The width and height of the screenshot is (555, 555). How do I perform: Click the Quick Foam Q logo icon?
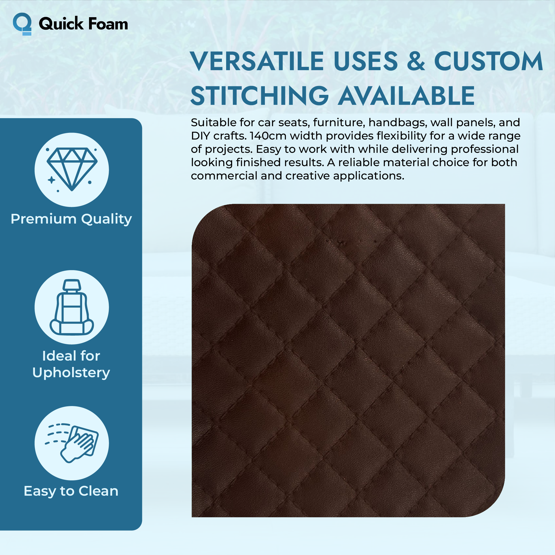[22, 24]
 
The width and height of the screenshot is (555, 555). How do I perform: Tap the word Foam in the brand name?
[108, 24]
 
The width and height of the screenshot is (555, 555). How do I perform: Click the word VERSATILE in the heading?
[257, 61]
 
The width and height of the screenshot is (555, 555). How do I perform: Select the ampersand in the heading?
[416, 61]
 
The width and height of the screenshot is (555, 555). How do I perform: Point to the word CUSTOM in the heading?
[488, 61]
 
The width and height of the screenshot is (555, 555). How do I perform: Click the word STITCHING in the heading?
[260, 96]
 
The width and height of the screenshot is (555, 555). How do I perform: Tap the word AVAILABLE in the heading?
[406, 96]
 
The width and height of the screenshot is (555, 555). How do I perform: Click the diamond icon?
[72, 169]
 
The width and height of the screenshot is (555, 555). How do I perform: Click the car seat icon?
[72, 307]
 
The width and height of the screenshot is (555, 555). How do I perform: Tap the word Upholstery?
[71, 373]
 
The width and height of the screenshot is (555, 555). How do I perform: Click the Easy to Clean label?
[71, 491]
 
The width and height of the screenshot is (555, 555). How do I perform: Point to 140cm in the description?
[268, 136]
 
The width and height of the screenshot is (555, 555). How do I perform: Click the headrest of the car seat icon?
[72, 285]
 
